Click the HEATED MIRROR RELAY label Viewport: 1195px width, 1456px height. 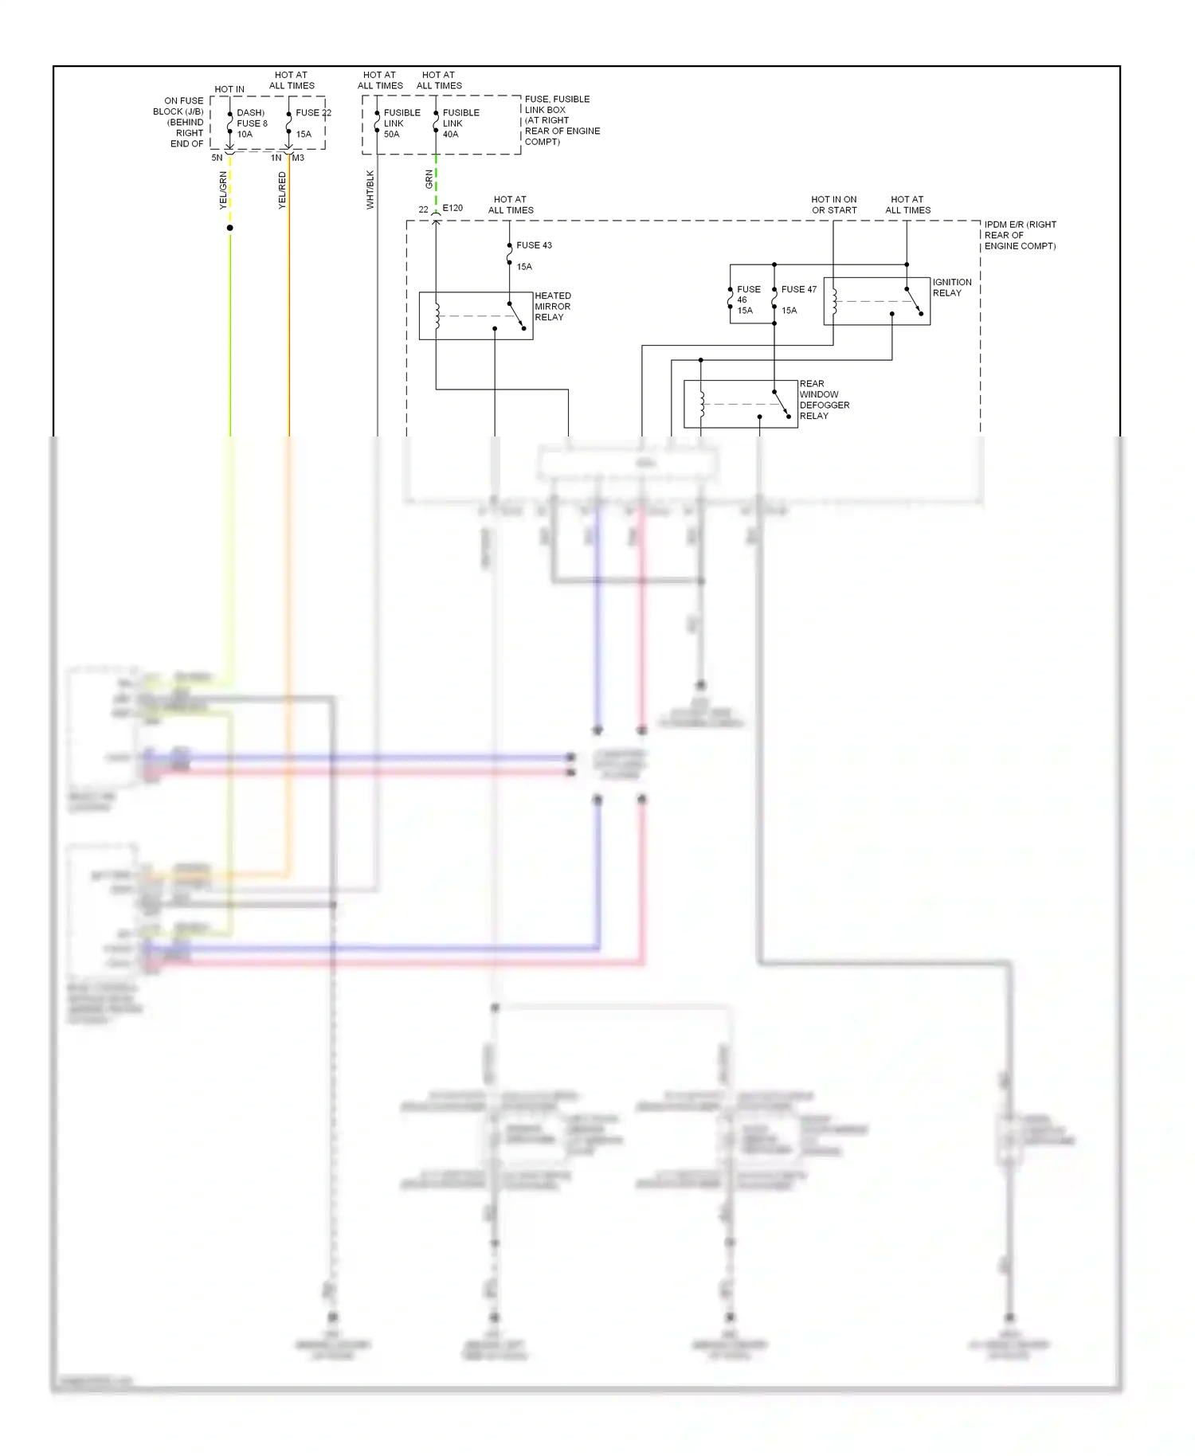point(552,306)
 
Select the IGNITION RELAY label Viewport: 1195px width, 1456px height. point(951,288)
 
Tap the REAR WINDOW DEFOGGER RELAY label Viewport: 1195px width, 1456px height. point(824,400)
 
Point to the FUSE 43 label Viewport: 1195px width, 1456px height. point(534,245)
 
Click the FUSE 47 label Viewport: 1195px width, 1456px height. point(798,290)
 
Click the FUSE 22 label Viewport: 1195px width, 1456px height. point(313,113)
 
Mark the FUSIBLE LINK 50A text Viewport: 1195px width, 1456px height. point(402,123)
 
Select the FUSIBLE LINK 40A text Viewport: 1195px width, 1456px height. point(460,123)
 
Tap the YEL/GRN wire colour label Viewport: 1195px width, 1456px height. point(223,191)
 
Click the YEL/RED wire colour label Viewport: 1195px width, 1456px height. point(282,191)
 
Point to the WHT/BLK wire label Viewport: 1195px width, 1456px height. point(370,190)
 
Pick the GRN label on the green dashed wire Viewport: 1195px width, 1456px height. point(429,179)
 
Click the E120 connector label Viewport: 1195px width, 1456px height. point(453,208)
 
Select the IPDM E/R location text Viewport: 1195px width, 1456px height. point(1020,235)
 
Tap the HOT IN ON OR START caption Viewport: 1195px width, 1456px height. point(833,205)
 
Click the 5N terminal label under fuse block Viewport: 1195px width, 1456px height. point(217,158)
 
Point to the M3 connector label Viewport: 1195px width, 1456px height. point(298,158)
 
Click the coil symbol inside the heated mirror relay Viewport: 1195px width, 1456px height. point(437,315)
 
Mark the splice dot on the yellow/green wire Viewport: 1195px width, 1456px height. point(230,228)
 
